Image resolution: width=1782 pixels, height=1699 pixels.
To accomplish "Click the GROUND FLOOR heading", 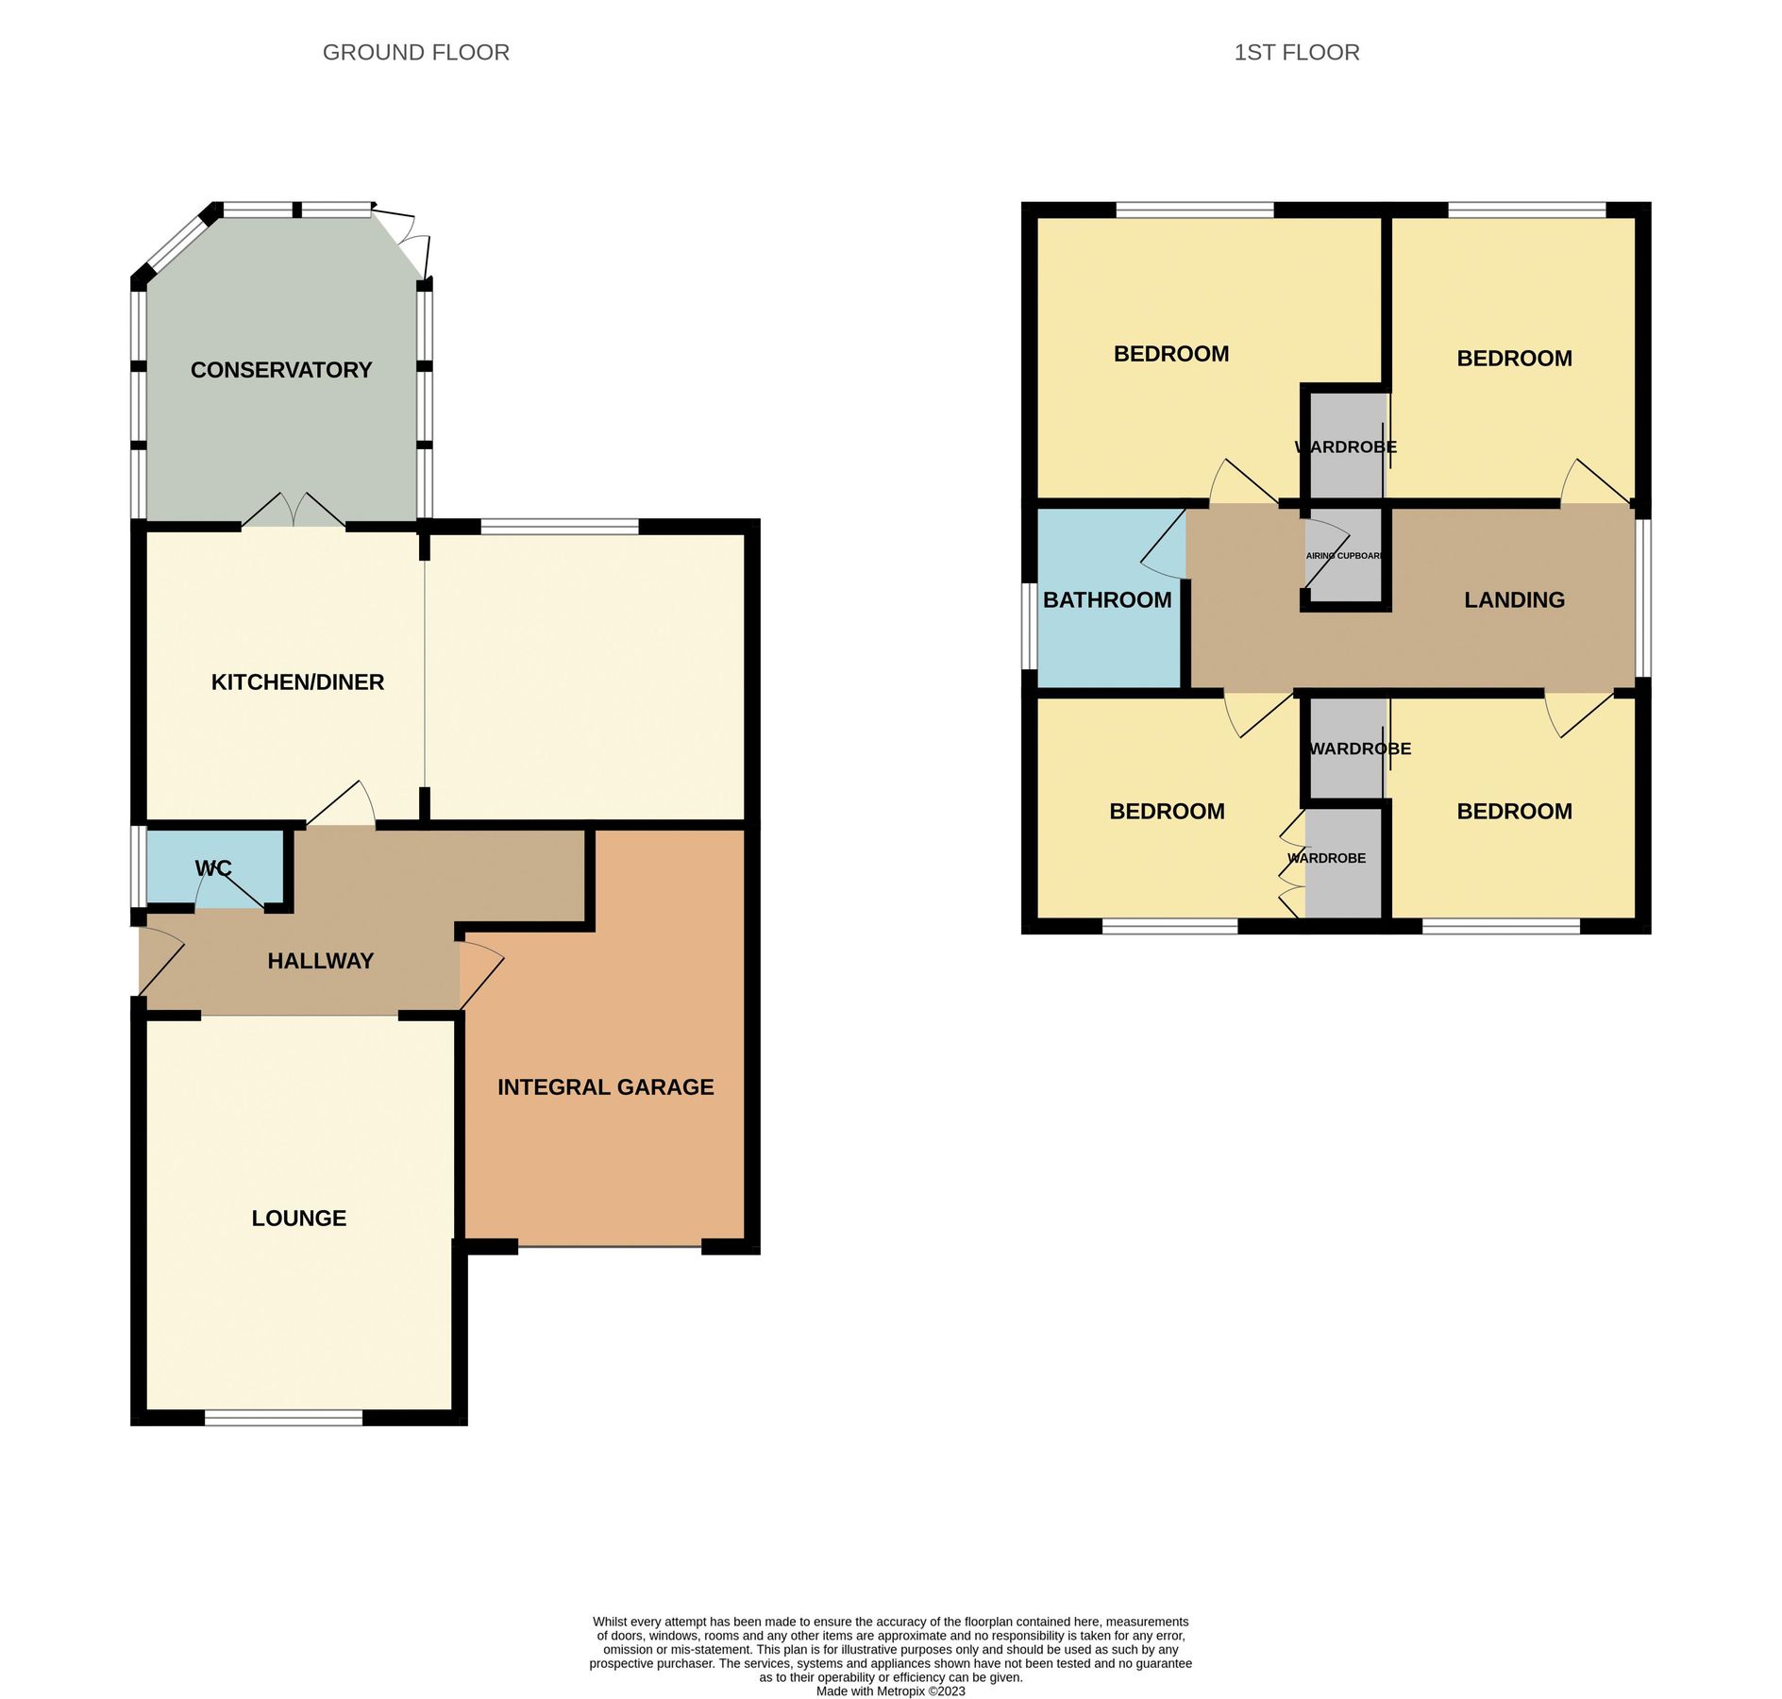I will pyautogui.click(x=415, y=53).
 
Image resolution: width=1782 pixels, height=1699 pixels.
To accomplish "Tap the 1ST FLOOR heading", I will pyautogui.click(x=1296, y=53).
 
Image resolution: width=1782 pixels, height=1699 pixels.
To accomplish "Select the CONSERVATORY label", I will pyautogui.click(x=281, y=370).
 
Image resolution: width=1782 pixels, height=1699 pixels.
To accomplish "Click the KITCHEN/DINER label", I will pyautogui.click(x=297, y=681).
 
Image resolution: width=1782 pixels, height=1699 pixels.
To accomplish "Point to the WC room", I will pyautogui.click(x=213, y=868).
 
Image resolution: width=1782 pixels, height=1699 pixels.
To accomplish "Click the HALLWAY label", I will pyautogui.click(x=320, y=961).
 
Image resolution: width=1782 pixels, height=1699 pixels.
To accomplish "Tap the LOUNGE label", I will pyautogui.click(x=298, y=1218).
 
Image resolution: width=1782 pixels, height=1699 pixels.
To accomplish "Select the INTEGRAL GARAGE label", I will pyautogui.click(x=605, y=1087).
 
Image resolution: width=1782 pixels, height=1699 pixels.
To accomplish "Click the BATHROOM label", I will pyautogui.click(x=1107, y=600).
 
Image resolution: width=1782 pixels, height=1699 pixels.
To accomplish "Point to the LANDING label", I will pyautogui.click(x=1514, y=600).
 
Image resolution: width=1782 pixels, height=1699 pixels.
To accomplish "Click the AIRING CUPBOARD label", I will pyautogui.click(x=1344, y=556).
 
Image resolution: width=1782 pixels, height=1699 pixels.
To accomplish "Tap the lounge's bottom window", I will pyautogui.click(x=283, y=1417).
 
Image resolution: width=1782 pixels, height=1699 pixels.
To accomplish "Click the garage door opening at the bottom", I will pyautogui.click(x=610, y=1246).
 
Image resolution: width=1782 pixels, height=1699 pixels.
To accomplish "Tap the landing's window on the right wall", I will pyautogui.click(x=1643, y=598).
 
